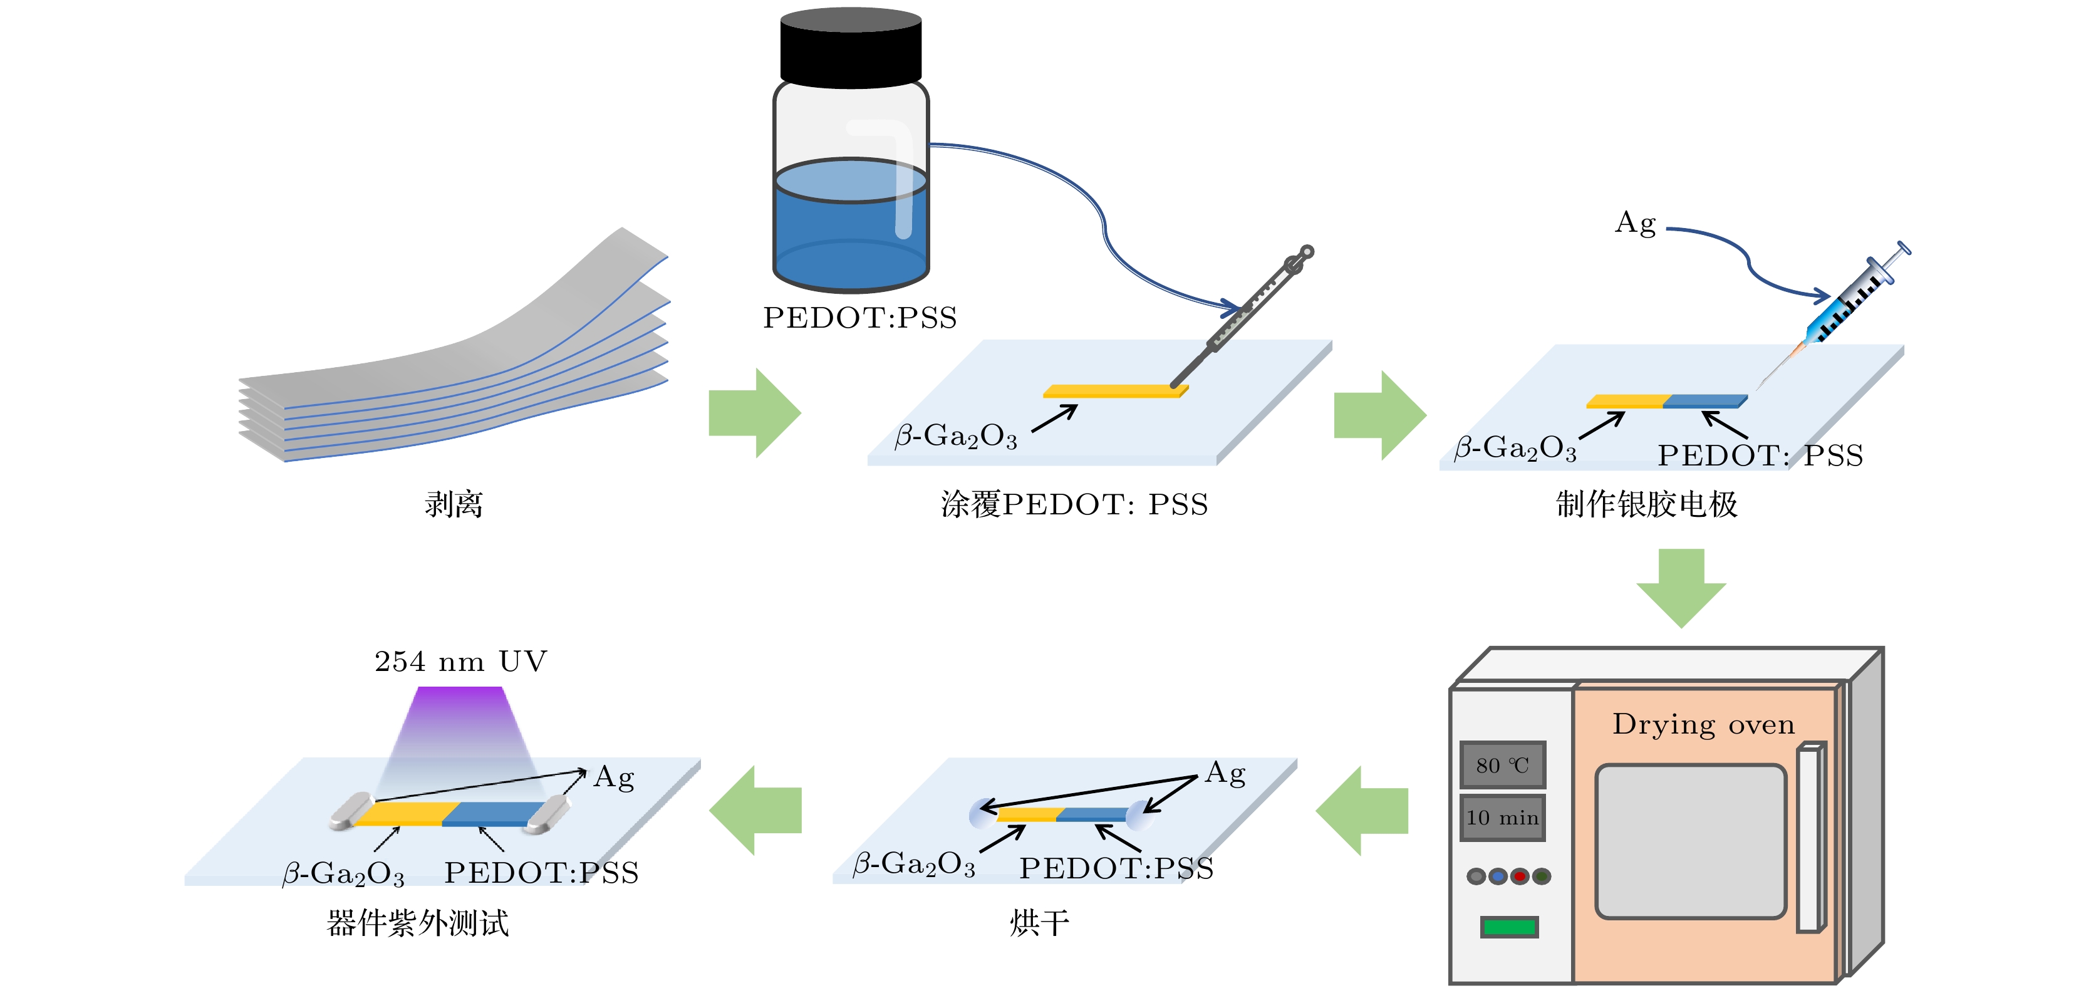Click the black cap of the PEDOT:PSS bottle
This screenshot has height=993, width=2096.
(850, 49)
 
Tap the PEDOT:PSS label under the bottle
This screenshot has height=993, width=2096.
(860, 318)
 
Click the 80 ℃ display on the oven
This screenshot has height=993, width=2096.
(1502, 765)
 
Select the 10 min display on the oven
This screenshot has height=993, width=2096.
(1502, 817)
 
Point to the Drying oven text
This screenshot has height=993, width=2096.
(1703, 724)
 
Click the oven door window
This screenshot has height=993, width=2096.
(1690, 841)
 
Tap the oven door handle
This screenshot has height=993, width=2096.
(1808, 838)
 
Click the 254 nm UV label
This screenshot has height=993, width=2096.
(460, 661)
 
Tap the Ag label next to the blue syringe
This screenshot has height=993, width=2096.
(1636, 223)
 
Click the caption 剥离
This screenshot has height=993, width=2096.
(453, 504)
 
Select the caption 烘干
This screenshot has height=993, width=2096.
(1039, 923)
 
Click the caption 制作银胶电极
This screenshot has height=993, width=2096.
(1647, 504)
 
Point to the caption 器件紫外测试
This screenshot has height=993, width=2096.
(417, 923)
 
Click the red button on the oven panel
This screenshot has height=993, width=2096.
(1519, 876)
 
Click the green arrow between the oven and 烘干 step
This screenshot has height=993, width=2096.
(1363, 811)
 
